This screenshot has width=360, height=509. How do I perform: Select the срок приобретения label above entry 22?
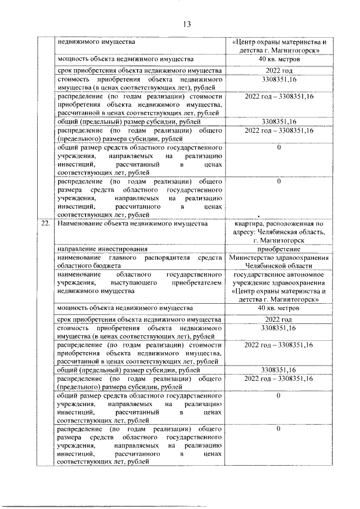tap(138, 71)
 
